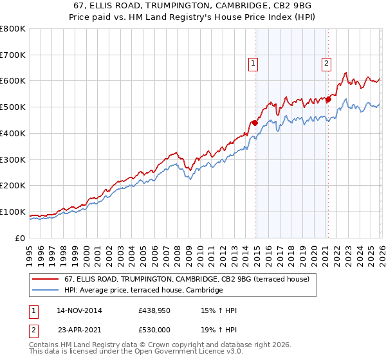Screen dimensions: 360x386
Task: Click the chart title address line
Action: [x=193, y=6]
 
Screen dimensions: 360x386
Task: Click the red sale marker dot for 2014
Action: [x=255, y=123]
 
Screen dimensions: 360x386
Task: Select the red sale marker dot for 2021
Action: [x=328, y=99]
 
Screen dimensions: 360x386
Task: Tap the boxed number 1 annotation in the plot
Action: [x=253, y=63]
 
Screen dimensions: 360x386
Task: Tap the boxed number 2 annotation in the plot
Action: [x=327, y=63]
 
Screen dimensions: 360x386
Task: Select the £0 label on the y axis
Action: [x=19, y=238]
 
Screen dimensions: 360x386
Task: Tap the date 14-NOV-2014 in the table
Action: [x=79, y=310]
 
